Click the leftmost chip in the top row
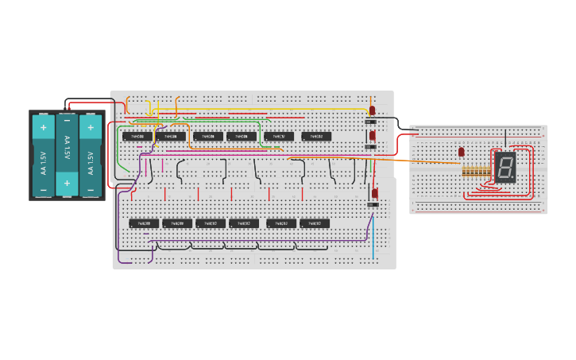137,137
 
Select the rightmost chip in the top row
316,137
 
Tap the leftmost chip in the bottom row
145,223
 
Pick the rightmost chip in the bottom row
315,223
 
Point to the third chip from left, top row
208,137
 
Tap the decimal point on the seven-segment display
512,178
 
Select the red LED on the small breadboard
462,151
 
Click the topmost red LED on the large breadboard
372,110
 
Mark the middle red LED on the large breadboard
372,136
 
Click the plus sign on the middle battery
67,184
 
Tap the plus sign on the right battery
91,126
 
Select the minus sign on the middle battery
67,122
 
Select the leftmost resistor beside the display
464,172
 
